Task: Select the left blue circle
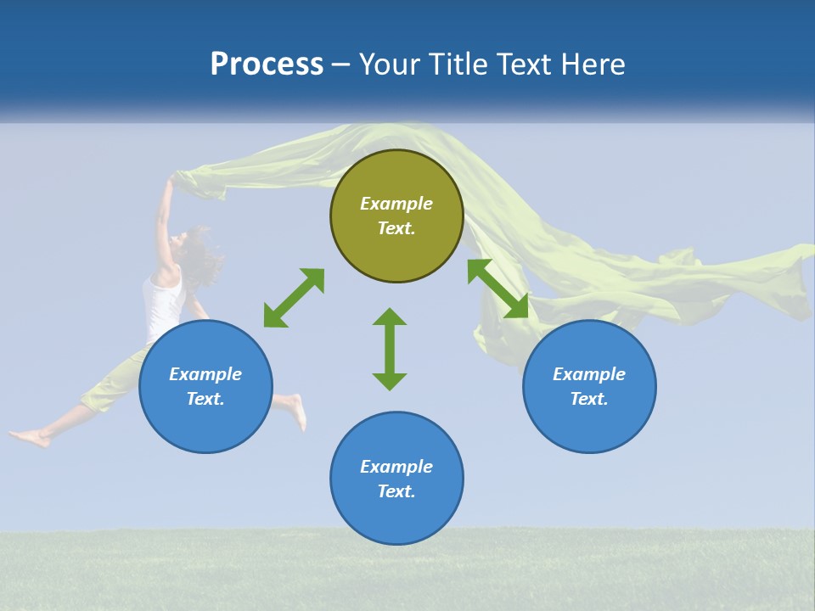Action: coord(205,424)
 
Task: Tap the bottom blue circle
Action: coord(396,518)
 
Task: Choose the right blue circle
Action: coord(589,424)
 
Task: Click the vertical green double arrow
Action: coord(390,349)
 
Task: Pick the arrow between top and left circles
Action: coord(294,298)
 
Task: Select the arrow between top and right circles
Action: coord(498,289)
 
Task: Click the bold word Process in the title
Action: coord(267,64)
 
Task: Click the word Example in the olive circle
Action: coord(396,204)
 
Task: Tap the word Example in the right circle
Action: coord(589,374)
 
